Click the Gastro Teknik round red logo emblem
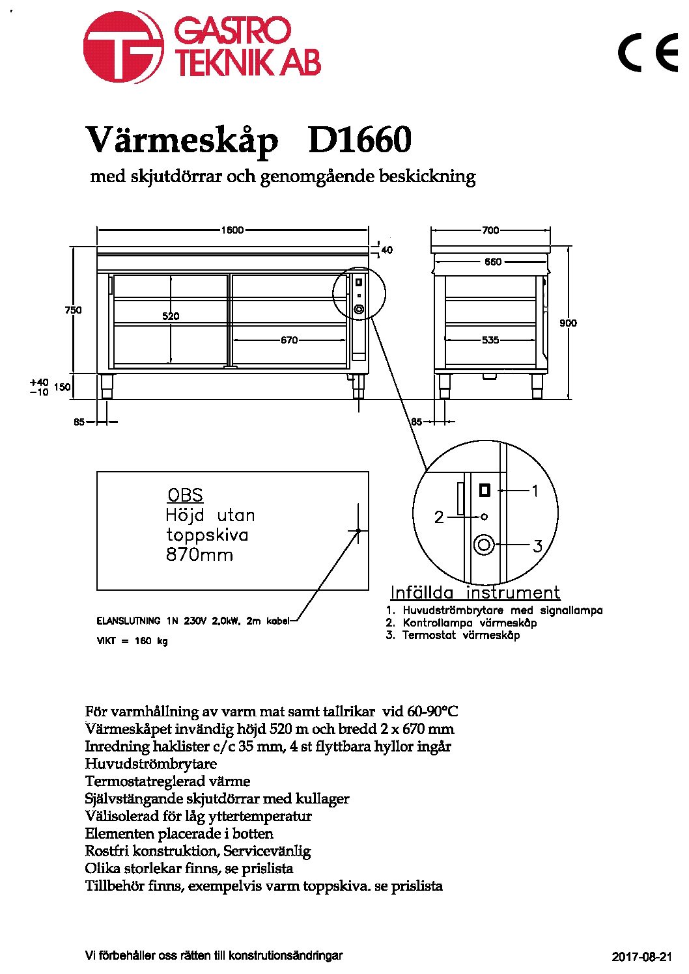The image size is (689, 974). coord(124,47)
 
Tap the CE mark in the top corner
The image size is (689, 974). coord(648,52)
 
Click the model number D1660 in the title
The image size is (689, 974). coord(360,140)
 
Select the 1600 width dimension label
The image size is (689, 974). coord(232,230)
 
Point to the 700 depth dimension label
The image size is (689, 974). coord(490,230)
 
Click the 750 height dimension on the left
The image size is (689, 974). coord(73,310)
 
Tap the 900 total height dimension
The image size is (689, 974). coord(568,323)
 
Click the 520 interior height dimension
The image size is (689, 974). coord(171,316)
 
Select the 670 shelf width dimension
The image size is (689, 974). coord(289,340)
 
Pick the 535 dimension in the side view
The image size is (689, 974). coord(490,340)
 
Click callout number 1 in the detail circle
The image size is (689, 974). coord(535,491)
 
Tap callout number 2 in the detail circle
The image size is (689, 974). coord(439,517)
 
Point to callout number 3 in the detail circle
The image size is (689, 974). coord(538,546)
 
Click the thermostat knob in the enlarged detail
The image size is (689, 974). coord(484,545)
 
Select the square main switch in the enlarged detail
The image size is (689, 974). coord(485,491)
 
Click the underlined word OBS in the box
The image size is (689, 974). coord(186,495)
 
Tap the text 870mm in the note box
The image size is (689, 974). coord(199,555)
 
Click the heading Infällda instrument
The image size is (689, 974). coord(475,593)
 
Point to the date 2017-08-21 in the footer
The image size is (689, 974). coord(642,956)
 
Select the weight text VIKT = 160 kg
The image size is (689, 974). coord(132,640)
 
